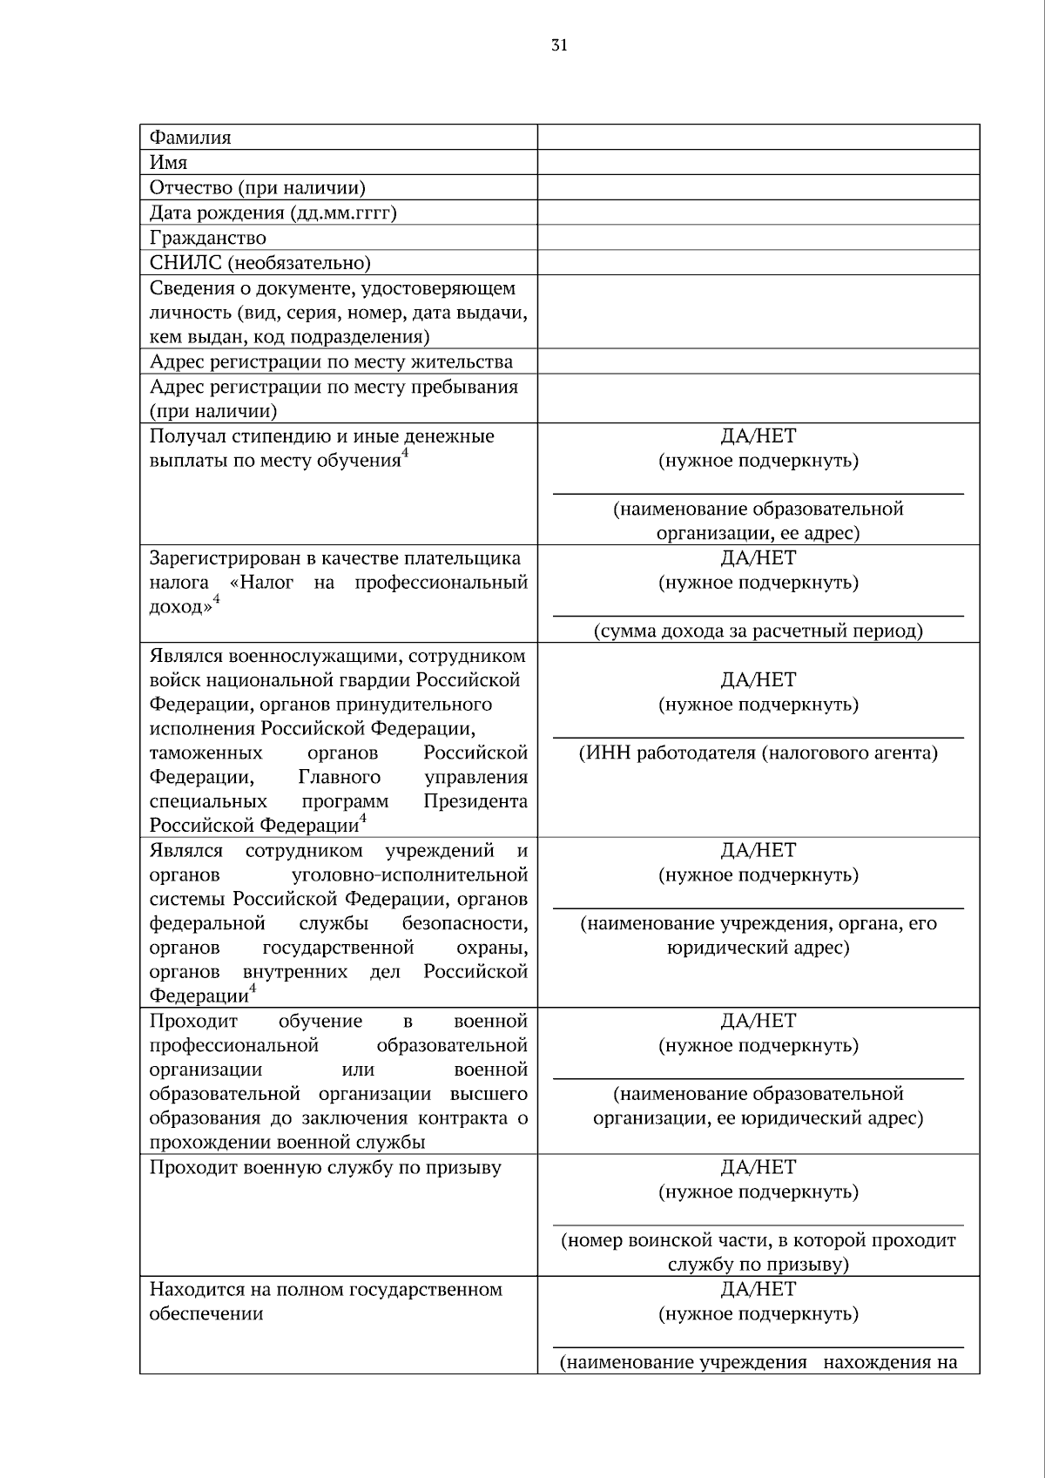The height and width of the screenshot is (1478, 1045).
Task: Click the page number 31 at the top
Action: click(559, 46)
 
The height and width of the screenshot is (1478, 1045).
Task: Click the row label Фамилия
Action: click(191, 138)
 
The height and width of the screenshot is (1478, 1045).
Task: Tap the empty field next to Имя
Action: click(758, 163)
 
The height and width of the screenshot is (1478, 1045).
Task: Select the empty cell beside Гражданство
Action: click(758, 238)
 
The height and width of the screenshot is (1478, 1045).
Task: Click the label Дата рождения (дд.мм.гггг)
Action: click(273, 213)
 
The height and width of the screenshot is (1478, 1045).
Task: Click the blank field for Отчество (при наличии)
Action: click(758, 188)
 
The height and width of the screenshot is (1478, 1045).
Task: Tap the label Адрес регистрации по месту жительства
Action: click(331, 362)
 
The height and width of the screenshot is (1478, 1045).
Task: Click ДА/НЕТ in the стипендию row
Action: click(758, 436)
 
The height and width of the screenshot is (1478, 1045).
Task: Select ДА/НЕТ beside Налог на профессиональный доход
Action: click(758, 558)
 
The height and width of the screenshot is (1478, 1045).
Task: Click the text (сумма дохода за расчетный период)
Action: click(758, 631)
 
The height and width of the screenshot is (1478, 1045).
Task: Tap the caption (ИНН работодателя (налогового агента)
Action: click(758, 753)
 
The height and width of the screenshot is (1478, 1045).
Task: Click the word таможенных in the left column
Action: click(206, 752)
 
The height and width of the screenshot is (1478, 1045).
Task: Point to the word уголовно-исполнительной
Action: click(411, 874)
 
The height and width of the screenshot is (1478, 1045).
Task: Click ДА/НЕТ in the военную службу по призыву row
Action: click(758, 1167)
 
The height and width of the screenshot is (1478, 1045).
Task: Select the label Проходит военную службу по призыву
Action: click(326, 1168)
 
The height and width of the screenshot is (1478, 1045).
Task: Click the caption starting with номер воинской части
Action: click(758, 1240)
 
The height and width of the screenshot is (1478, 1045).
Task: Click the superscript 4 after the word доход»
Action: click(217, 600)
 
